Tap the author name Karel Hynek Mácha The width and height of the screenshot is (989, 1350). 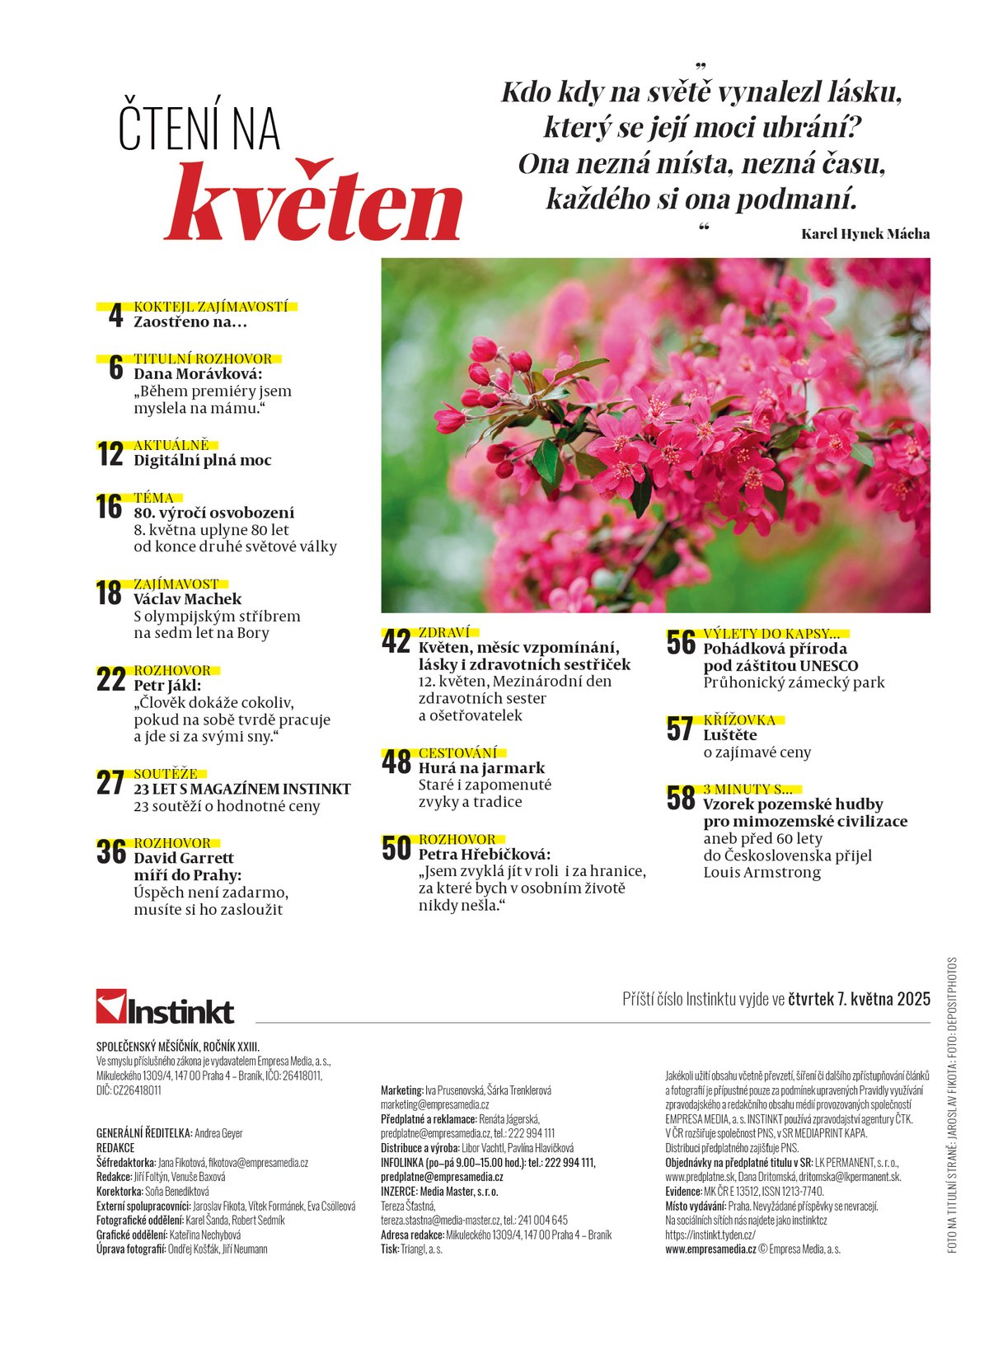[865, 234]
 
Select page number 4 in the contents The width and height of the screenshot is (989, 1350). [115, 316]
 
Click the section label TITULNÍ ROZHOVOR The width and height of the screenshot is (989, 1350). [203, 359]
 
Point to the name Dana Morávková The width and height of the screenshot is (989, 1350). [198, 374]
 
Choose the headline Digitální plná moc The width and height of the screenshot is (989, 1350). [203, 461]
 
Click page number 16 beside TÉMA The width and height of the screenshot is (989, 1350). [109, 507]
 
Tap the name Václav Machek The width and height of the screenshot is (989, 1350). [188, 599]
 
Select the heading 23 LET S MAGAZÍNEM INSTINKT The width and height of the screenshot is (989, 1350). [242, 790]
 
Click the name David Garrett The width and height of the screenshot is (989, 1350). [184, 858]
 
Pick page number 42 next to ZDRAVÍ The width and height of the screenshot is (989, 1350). [396, 642]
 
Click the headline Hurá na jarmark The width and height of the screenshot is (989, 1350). [481, 768]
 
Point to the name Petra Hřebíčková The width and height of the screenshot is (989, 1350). [484, 855]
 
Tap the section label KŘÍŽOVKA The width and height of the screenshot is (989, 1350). [739, 720]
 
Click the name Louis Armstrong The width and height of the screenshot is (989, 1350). [762, 873]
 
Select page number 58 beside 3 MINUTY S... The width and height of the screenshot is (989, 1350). [681, 799]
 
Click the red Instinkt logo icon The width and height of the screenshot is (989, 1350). [110, 1006]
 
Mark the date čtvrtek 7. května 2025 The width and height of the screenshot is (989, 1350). [859, 1000]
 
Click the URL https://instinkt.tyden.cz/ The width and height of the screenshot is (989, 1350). [710, 1235]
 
